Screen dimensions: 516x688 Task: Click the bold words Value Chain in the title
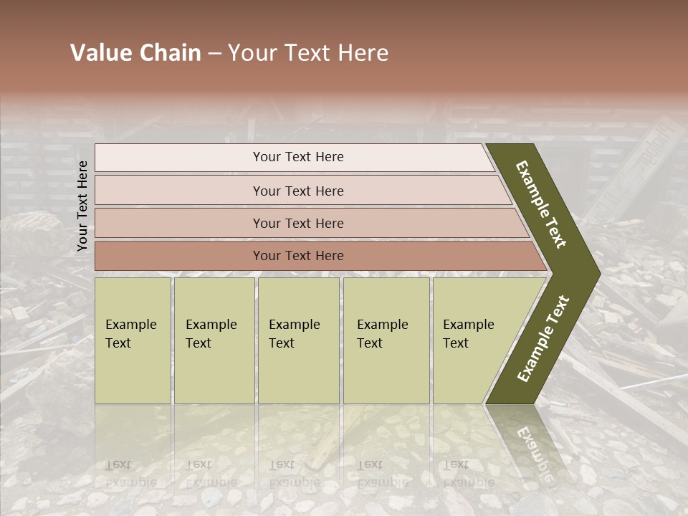pos(135,53)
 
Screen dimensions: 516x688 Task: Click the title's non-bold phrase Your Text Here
pos(308,53)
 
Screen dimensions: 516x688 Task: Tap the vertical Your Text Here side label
pos(82,206)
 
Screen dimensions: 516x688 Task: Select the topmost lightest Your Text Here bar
pos(297,157)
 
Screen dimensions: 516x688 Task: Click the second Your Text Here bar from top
pos(297,191)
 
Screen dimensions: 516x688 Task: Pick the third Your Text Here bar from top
pos(297,223)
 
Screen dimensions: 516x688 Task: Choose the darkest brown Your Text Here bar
pos(297,256)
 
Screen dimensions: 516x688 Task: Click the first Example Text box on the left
pos(133,340)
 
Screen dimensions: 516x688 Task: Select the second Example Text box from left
pos(214,340)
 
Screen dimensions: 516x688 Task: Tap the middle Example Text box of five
pos(298,340)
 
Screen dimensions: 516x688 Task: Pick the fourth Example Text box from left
pos(386,340)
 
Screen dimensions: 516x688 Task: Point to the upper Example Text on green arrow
pos(541,204)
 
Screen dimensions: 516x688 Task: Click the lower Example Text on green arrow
pos(543,338)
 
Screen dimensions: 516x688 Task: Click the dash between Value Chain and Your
pos(214,53)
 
